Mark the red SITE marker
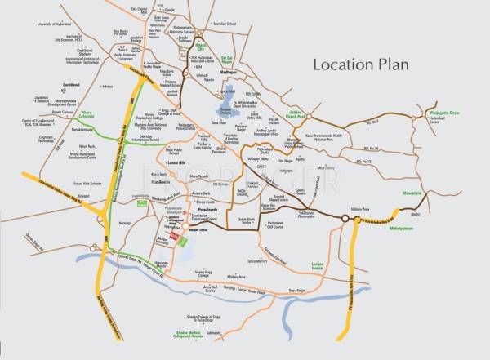pyautogui.click(x=172, y=236)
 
